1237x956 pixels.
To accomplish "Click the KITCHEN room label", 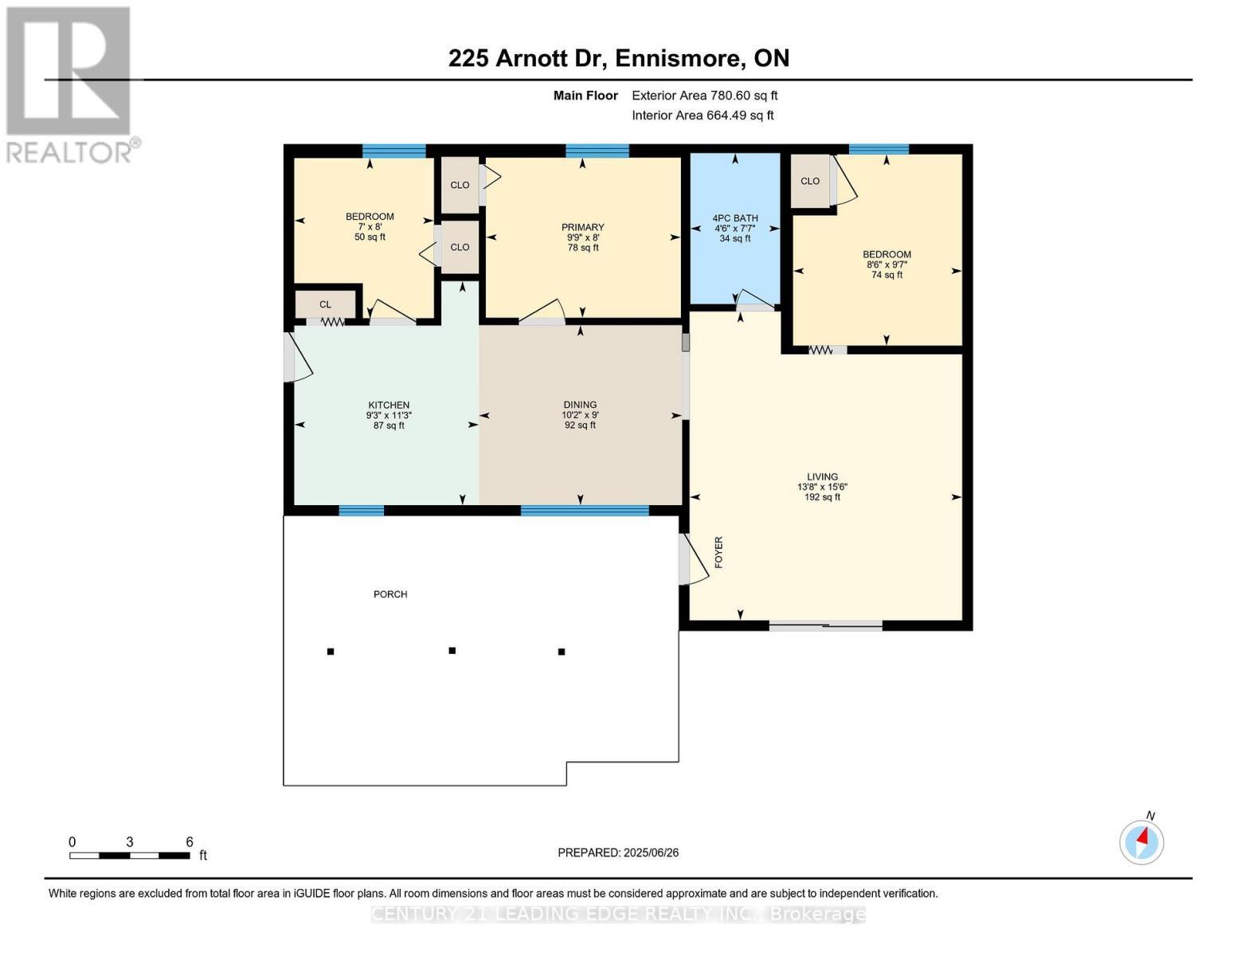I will click(x=389, y=405).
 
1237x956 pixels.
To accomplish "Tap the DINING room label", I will click(x=580, y=405).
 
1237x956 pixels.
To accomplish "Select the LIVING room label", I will click(x=822, y=476).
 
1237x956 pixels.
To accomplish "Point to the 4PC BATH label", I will click(x=734, y=218).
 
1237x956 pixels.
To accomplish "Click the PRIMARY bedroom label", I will click(x=582, y=227).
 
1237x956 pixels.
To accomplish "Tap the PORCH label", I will click(x=390, y=594).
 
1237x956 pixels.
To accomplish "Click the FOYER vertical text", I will click(x=718, y=552).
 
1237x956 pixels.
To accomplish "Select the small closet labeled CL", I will click(x=325, y=304).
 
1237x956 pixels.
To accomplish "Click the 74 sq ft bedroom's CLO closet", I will click(x=810, y=181).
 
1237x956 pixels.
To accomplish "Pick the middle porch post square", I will click(x=452, y=651).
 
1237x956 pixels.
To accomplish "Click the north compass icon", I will click(x=1141, y=841).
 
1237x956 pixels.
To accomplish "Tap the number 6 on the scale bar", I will click(x=190, y=842).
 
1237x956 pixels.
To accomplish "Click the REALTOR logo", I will click(x=70, y=84).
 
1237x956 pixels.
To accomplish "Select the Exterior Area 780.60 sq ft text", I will click(x=704, y=96).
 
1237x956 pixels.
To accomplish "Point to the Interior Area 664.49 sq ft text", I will click(x=703, y=116).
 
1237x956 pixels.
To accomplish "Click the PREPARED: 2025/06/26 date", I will click(x=618, y=852).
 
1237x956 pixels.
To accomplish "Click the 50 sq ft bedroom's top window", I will click(x=393, y=151).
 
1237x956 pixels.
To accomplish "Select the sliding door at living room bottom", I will click(x=825, y=626).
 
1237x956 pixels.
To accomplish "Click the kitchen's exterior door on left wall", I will click(x=290, y=357).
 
